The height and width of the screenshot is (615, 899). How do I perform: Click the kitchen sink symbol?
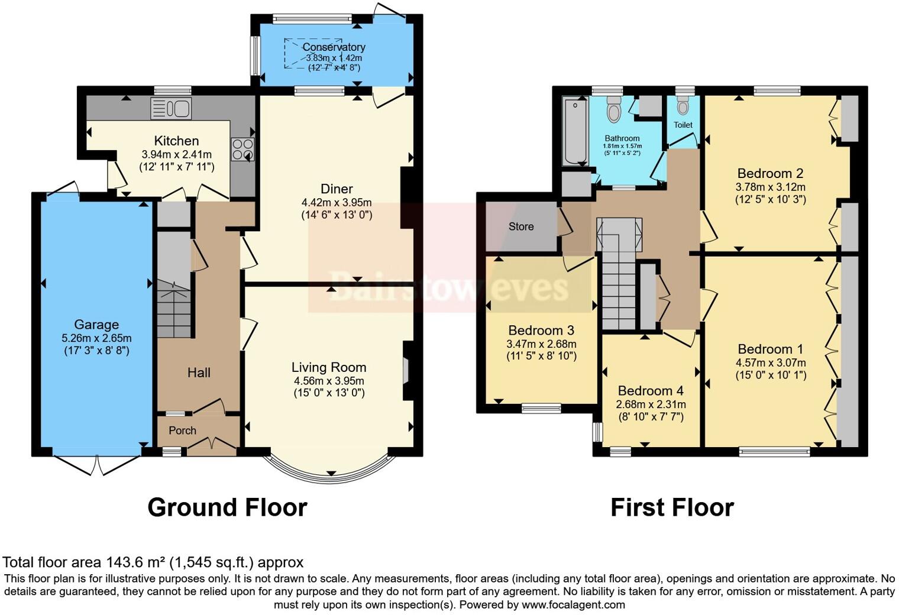pos(171,108)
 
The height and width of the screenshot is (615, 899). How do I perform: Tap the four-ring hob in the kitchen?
pos(242,149)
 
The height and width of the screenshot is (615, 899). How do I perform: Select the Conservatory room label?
pos(334,47)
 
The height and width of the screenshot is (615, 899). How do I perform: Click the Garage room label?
pos(96,324)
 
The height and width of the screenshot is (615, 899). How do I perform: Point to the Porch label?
pos(182,430)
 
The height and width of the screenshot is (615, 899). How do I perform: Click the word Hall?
pos(199,373)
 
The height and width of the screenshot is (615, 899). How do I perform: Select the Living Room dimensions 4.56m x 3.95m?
pos(329,381)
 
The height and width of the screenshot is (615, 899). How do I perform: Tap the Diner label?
pos(337,189)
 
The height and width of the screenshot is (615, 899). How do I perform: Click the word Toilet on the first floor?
pos(683,125)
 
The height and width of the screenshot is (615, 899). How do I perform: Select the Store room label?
pos(521,226)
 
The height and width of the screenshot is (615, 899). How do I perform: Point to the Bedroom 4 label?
pos(651,391)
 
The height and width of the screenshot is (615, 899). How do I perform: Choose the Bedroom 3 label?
pos(541,330)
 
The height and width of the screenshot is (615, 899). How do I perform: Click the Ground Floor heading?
pos(227,507)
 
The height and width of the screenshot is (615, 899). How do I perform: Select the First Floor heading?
pos(672,507)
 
